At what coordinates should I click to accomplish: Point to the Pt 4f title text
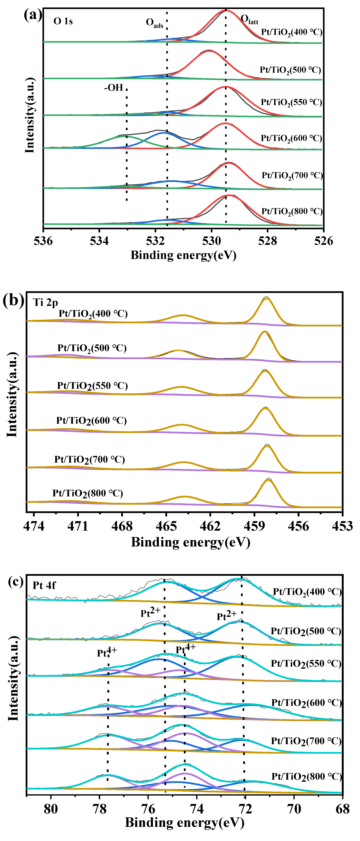pos(44,585)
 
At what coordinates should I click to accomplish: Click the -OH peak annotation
pos(114,87)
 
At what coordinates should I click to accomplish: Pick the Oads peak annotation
pos(154,23)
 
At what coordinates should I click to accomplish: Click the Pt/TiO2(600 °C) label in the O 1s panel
pos(291,138)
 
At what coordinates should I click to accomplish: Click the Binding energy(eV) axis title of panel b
pos(191,542)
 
